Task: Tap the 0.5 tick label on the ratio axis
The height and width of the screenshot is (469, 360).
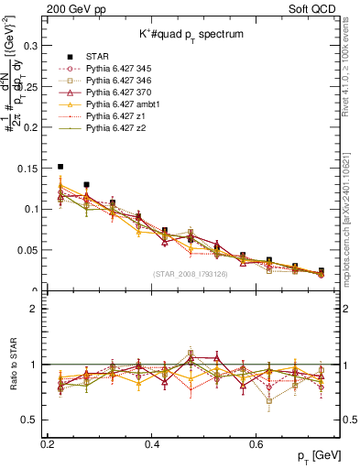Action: click(31, 420)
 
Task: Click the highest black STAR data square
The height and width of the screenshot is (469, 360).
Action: click(60, 167)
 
